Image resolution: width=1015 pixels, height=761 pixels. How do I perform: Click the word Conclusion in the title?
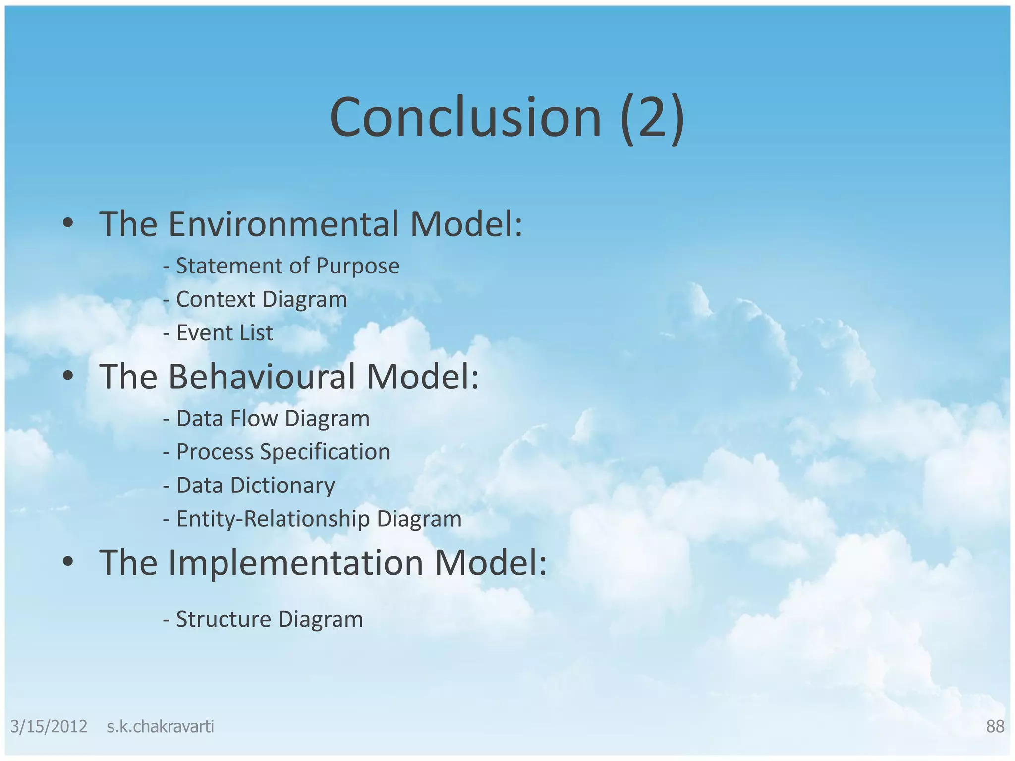[x=465, y=118]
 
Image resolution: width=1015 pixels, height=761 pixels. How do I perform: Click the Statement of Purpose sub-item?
[x=281, y=266]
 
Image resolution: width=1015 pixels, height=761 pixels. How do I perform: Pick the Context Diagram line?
[x=255, y=299]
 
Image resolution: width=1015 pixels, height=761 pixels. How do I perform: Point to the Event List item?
[x=218, y=333]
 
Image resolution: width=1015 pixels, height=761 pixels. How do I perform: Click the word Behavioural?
[x=262, y=377]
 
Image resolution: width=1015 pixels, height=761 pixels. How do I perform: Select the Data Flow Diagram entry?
[x=266, y=419]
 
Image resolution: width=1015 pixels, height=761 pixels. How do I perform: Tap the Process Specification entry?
[x=277, y=452]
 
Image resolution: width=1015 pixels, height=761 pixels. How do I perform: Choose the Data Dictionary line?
[x=249, y=486]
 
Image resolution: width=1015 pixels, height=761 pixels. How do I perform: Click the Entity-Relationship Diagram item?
[x=312, y=519]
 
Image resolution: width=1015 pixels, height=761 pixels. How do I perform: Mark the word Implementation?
[x=295, y=563]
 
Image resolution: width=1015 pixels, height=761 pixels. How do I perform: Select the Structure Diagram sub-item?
[x=263, y=619]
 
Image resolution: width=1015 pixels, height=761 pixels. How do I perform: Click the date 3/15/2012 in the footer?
[x=49, y=727]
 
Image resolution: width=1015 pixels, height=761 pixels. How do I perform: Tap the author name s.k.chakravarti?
[x=160, y=727]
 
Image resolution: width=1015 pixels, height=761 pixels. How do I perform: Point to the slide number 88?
[x=995, y=727]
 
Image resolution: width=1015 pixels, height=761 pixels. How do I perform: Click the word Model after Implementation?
[x=491, y=563]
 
